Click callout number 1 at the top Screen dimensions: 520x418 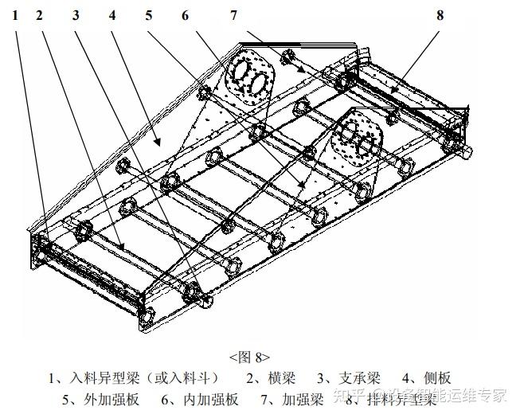tap(15, 15)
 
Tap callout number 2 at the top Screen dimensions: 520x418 tap(39, 15)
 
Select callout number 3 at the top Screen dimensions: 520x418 tap(75, 15)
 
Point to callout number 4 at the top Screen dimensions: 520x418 tap(112, 15)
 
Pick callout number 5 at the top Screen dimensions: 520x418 tap(149, 15)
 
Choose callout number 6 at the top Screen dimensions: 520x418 tap(186, 15)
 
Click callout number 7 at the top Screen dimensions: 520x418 tap(234, 15)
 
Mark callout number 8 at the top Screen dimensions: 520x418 tap(440, 15)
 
